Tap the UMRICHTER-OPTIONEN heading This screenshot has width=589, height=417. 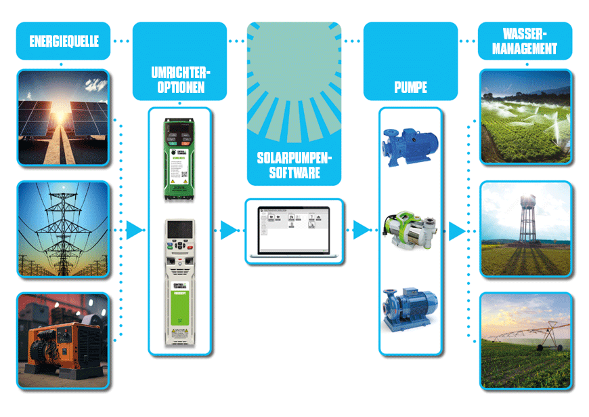(x=179, y=80)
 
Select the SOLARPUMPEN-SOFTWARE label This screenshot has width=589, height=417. (x=294, y=165)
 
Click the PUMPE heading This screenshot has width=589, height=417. (x=410, y=88)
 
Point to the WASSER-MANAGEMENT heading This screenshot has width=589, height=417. (x=525, y=41)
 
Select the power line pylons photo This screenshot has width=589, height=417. (x=62, y=229)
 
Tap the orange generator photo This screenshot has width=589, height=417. (x=62, y=340)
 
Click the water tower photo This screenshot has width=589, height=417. (x=525, y=229)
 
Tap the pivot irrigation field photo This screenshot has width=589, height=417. (x=525, y=341)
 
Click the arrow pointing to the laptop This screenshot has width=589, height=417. (x=229, y=231)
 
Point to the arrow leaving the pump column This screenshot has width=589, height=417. (x=457, y=231)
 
